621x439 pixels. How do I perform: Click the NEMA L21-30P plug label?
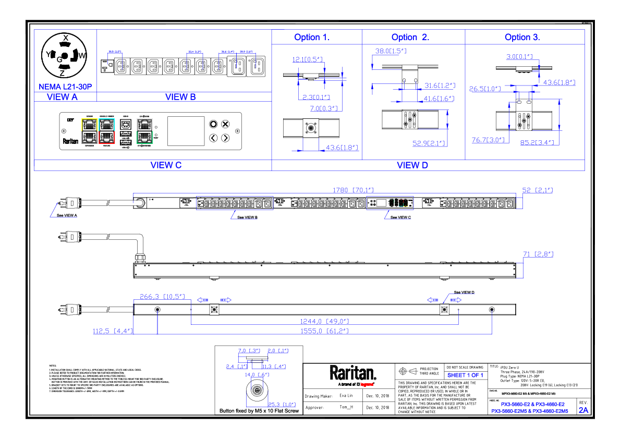click(65, 87)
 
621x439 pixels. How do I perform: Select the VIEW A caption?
click(62, 96)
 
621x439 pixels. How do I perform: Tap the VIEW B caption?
click(180, 96)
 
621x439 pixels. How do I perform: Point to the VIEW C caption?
click(166, 165)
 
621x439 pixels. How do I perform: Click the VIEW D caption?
click(412, 165)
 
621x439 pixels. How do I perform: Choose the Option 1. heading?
click(312, 37)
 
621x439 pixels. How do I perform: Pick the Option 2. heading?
click(410, 37)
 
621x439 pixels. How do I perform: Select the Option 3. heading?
click(522, 37)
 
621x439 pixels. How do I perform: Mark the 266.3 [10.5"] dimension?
click(162, 297)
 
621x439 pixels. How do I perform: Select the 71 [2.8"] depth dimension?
click(538, 254)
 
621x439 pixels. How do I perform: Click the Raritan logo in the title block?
click(352, 373)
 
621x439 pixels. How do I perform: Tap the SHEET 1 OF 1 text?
click(465, 375)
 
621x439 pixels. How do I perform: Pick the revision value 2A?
click(583, 410)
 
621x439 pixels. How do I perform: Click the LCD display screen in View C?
click(185, 131)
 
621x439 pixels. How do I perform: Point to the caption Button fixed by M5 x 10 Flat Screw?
click(260, 411)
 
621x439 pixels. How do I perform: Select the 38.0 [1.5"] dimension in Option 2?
click(391, 51)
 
